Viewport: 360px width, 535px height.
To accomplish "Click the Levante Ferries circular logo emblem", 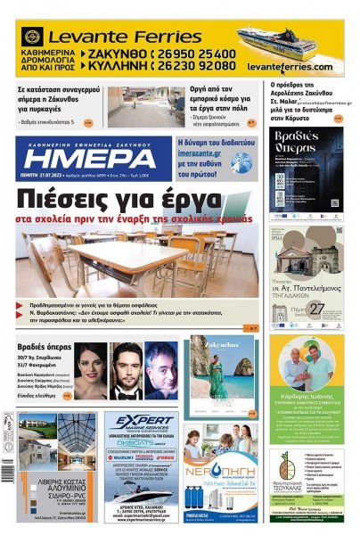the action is [33, 37].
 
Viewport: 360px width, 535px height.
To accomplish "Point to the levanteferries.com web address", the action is [289, 67].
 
